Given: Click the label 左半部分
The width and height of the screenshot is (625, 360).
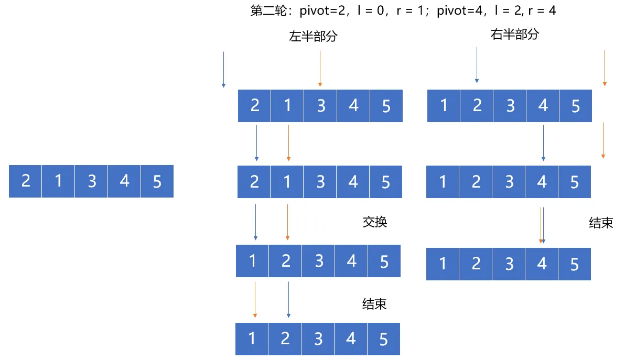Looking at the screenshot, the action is pos(314,36).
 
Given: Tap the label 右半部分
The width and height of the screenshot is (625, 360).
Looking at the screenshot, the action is pos(514,34).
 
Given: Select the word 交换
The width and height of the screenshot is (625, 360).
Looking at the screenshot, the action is pos(375,222).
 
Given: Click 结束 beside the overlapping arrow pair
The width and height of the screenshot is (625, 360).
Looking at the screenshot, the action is pos(601,223).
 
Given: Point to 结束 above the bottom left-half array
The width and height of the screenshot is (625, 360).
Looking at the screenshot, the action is pos(374,304).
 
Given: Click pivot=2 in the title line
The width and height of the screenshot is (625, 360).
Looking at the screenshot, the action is pos(322,10).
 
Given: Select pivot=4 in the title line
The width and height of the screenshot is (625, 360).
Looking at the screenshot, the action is pos(460,10).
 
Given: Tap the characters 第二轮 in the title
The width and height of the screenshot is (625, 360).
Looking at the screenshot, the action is pos(268,10).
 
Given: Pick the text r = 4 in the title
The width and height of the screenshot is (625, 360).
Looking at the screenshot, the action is pos(542,10).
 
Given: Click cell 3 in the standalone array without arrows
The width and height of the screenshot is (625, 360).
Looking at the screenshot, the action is pos(91,181).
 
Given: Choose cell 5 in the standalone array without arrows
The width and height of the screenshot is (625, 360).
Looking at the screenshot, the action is pos(157,181).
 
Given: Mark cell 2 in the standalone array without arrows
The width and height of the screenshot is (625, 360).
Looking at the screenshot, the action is pos(25,181).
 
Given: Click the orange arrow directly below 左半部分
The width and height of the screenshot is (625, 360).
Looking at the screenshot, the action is pos(320,69).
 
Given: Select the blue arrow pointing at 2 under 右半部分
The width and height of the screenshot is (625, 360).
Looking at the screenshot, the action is pos(477,65).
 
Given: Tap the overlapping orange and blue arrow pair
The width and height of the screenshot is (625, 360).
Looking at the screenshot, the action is pos(542,225).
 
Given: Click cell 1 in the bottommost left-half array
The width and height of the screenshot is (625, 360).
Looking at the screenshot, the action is pos(252,339).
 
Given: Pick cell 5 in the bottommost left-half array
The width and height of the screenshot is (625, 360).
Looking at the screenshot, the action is pos(383,339).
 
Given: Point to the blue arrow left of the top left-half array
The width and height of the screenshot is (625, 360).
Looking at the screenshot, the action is pos(223,70).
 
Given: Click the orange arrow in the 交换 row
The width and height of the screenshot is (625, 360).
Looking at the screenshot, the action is pos(287,222).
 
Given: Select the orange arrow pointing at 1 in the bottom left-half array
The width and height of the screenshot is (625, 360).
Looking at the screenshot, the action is pos(255,300).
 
